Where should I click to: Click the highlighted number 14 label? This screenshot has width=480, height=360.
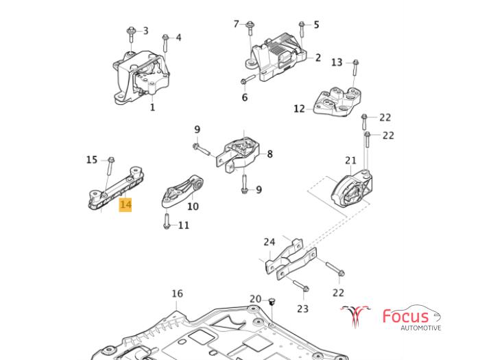point(125,204)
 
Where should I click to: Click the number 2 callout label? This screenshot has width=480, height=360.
point(318,58)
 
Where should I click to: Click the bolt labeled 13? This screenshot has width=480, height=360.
point(355,69)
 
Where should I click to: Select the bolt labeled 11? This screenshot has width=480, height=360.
point(166,221)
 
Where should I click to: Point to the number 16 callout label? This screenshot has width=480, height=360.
point(177,293)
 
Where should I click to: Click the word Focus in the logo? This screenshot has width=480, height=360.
point(405,316)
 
